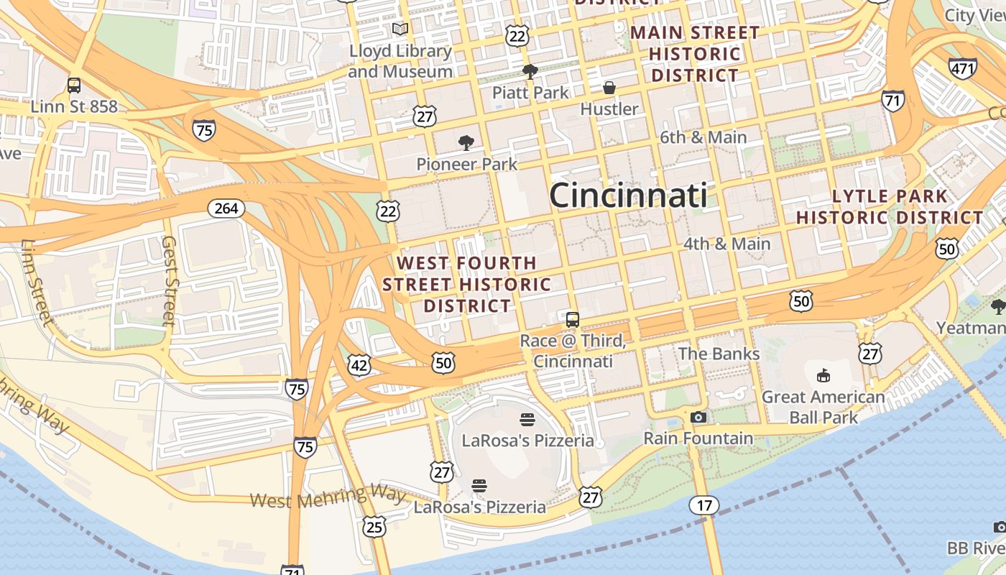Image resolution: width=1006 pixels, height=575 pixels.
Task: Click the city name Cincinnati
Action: click(628, 195)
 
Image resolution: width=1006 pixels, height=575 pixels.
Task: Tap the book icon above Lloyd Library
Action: click(400, 29)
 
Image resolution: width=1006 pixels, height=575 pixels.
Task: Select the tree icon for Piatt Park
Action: click(530, 71)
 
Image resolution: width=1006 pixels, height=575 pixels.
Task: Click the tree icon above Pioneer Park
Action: click(466, 142)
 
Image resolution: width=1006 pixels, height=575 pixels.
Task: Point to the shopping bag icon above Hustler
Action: click(609, 88)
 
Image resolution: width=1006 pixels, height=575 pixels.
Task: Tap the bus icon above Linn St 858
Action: click(74, 86)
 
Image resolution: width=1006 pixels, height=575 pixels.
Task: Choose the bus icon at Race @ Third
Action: click(573, 320)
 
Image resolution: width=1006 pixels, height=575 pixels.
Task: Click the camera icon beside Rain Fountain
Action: click(698, 417)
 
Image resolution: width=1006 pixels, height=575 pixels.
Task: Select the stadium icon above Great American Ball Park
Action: click(823, 375)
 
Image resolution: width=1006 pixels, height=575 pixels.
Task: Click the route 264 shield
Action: click(226, 208)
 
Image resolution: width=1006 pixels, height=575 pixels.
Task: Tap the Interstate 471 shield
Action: click(962, 68)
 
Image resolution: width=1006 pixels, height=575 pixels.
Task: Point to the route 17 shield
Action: click(704, 505)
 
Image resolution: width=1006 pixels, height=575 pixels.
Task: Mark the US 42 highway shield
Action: click(359, 364)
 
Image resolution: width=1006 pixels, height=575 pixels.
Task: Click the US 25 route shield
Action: click(374, 527)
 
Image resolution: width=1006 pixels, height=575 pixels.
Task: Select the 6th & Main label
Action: click(703, 137)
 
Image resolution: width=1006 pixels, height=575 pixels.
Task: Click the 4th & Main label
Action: click(726, 244)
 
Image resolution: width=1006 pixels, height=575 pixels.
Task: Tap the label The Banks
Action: click(719, 354)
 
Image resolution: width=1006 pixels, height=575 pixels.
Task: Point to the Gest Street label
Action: click(170, 280)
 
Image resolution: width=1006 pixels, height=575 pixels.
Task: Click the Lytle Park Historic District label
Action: click(890, 207)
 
